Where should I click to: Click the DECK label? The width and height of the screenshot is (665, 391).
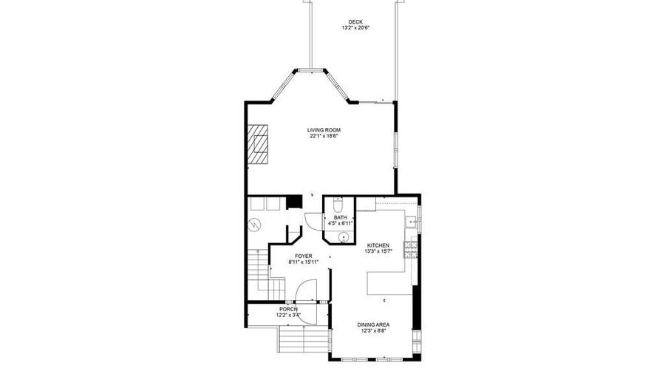[x=355, y=21]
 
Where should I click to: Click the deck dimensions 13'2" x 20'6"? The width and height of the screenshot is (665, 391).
[x=355, y=28]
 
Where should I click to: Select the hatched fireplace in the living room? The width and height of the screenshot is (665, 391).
[x=259, y=143]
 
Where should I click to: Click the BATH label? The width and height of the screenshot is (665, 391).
[x=340, y=217]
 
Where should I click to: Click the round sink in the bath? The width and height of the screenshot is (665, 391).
[x=343, y=237]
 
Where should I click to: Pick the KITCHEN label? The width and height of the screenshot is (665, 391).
[x=378, y=245]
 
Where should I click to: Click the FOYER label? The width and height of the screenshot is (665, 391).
[x=303, y=256]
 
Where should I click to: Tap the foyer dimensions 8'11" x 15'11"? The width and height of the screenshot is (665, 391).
[x=303, y=262]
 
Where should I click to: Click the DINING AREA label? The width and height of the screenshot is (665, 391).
[x=373, y=325]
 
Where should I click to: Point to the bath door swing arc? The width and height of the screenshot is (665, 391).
[x=312, y=219]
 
